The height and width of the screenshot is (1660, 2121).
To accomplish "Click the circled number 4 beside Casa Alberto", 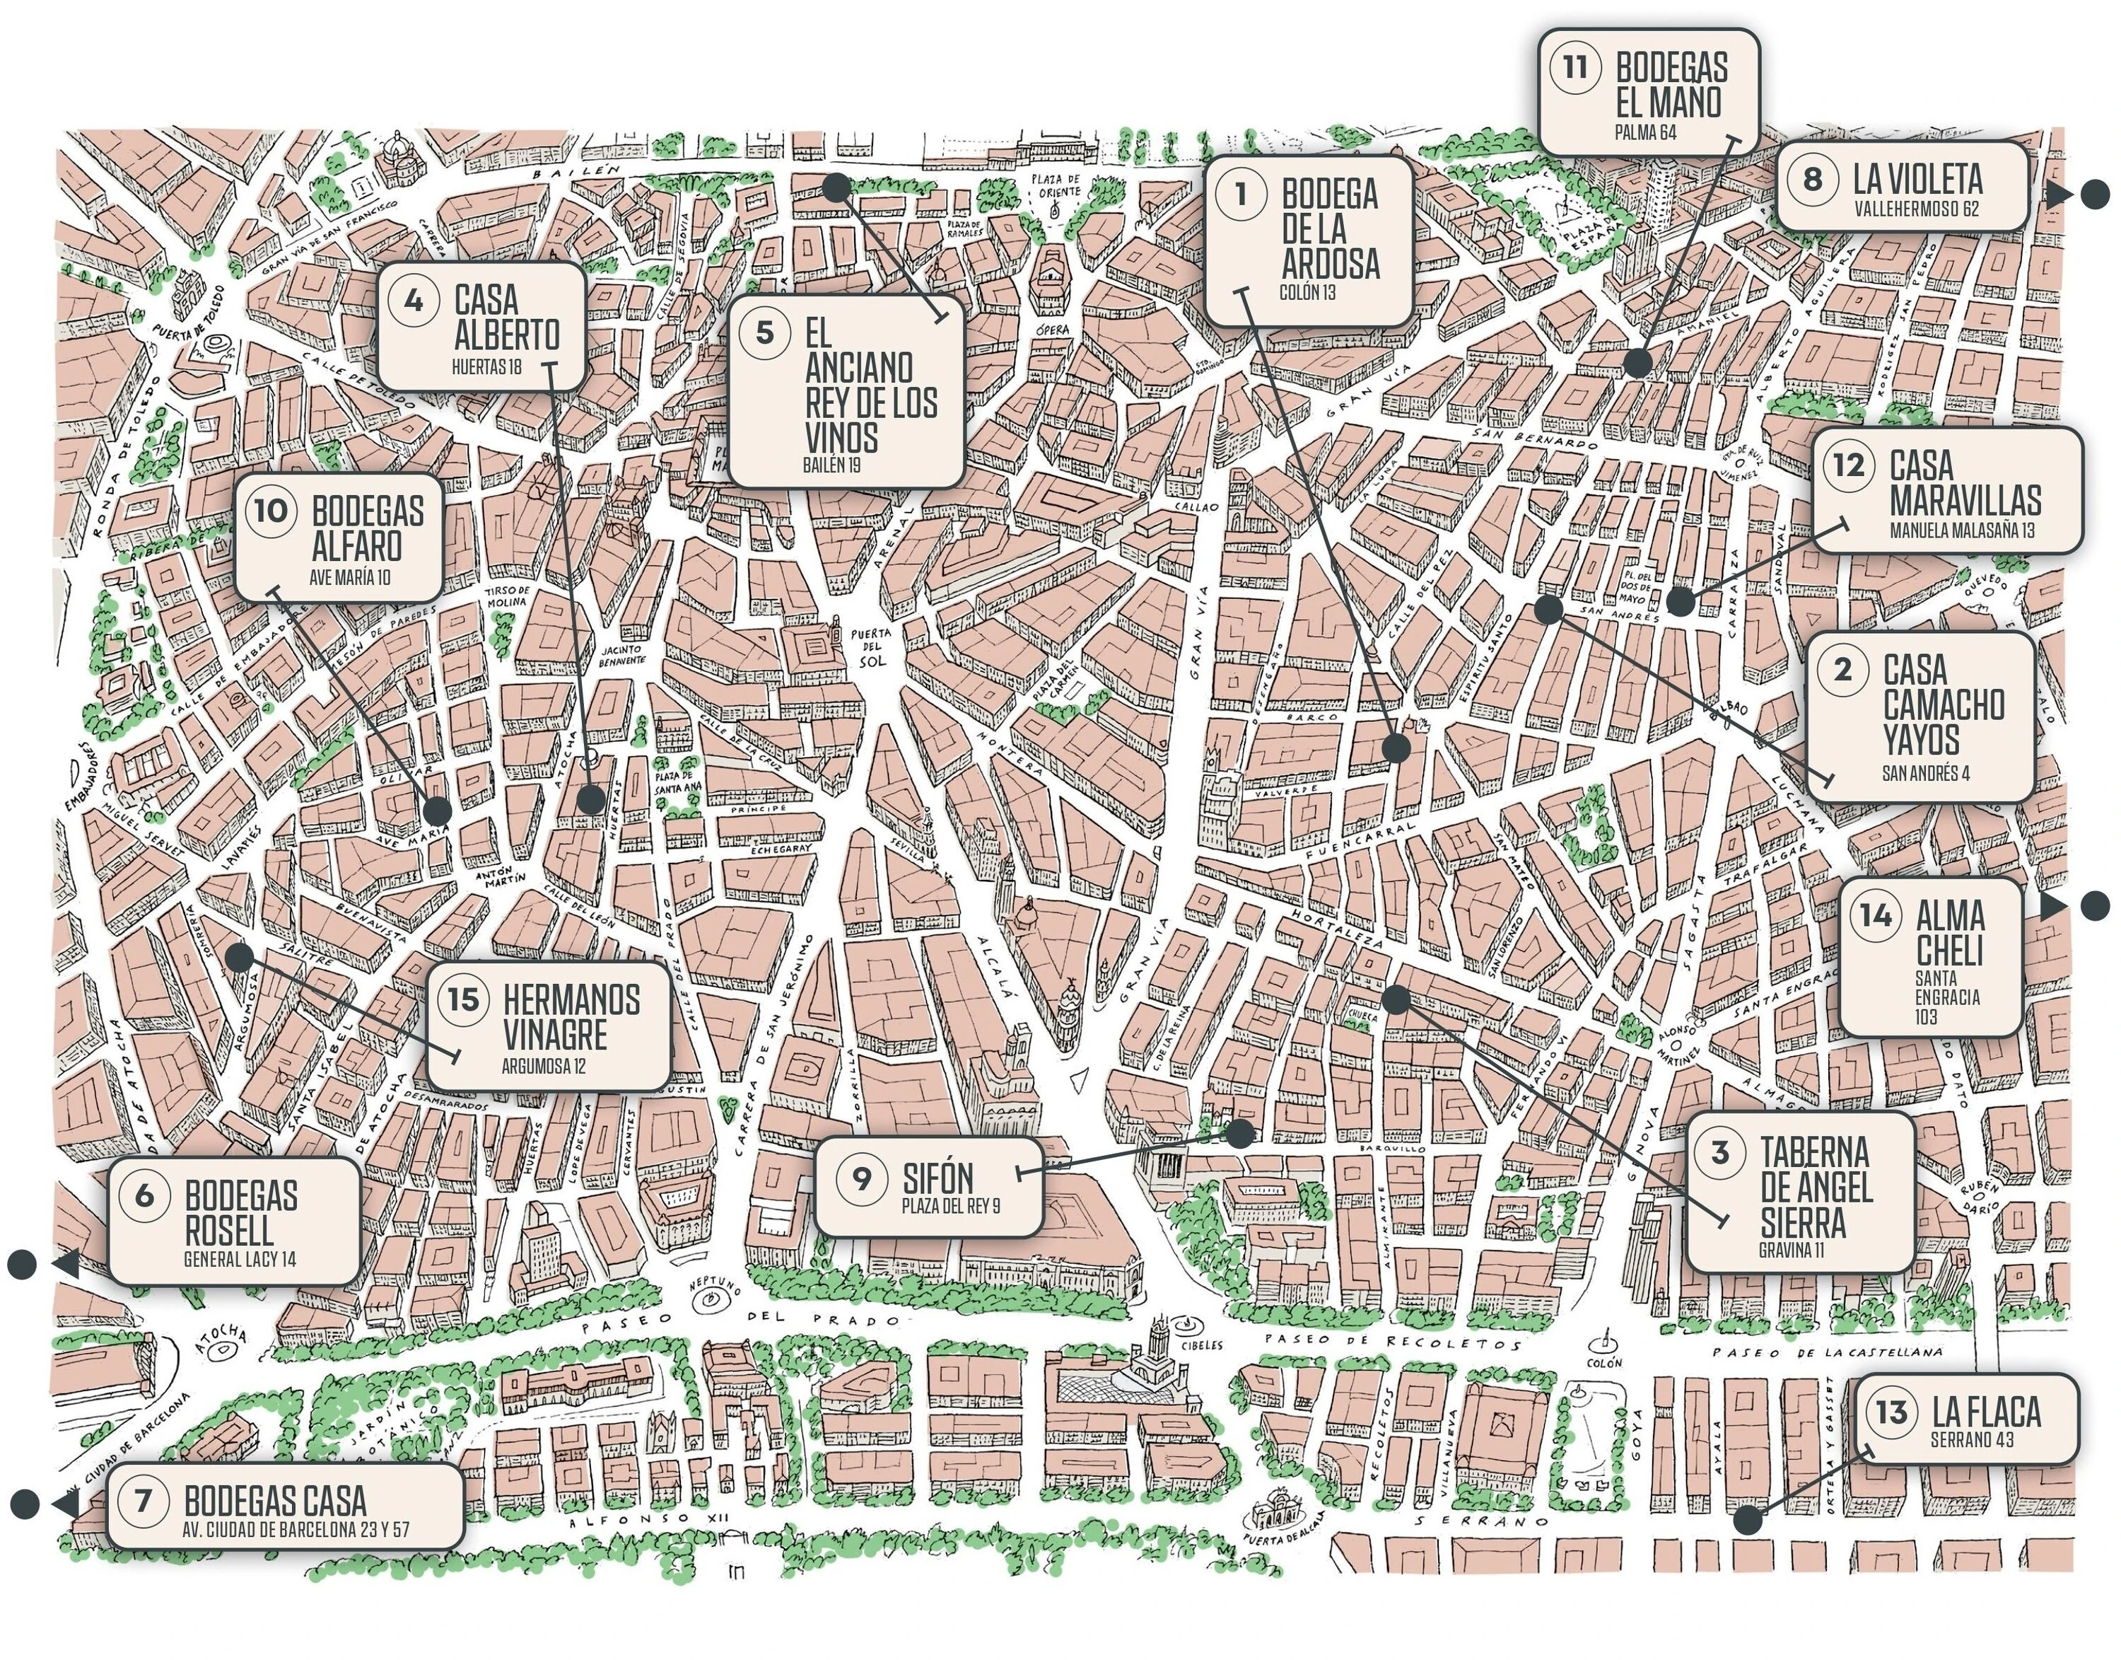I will point(413,301).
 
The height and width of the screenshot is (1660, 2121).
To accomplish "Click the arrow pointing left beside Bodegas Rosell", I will point(65,1265).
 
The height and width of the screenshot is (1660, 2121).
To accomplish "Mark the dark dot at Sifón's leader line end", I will point(1240,1132).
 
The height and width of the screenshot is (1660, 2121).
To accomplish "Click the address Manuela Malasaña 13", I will point(1961,530).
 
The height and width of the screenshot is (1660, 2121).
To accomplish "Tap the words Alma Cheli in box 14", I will point(1949,933).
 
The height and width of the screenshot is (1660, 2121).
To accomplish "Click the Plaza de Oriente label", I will point(1056,185).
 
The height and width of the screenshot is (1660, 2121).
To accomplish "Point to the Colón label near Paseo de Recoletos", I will point(1604,1364).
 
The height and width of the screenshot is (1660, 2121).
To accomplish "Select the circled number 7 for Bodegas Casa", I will point(143,1501).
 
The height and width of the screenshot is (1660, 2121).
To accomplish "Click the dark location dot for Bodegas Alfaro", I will point(437,810).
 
